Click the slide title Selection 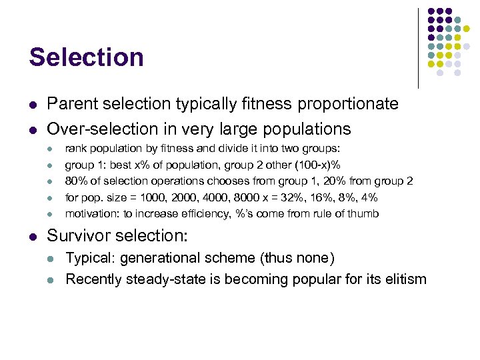click(86, 57)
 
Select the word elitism click(403, 279)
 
